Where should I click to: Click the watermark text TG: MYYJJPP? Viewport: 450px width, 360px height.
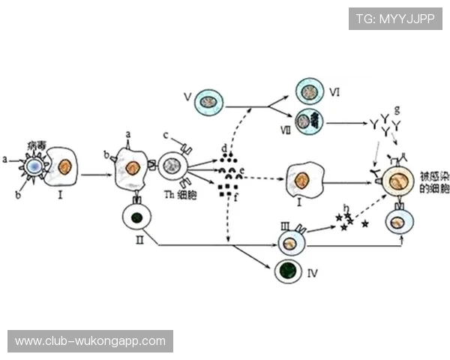coord(394,18)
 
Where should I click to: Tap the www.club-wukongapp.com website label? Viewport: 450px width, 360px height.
coord(90,341)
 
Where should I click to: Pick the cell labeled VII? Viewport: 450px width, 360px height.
coord(308,121)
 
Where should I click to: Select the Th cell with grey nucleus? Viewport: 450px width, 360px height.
coord(172,166)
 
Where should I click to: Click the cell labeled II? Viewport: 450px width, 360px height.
coord(136,218)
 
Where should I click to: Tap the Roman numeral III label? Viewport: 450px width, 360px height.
coord(285,225)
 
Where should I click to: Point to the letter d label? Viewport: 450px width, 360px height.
coord(224,148)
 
